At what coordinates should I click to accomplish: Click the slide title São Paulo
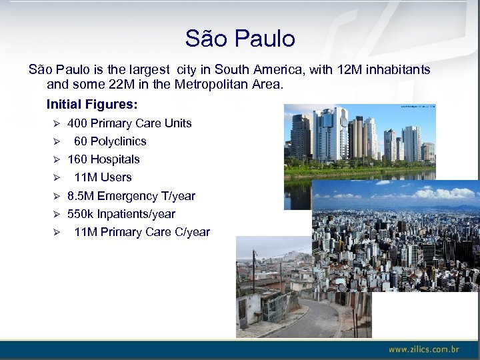pyautogui.click(x=240, y=38)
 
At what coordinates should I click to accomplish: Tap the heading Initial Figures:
pyautogui.click(x=92, y=105)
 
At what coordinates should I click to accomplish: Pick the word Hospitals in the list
pyautogui.click(x=115, y=159)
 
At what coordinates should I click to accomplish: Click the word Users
pyautogui.click(x=116, y=177)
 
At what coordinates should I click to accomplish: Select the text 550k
pyautogui.click(x=81, y=214)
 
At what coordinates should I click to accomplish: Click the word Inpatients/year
pyautogui.click(x=136, y=214)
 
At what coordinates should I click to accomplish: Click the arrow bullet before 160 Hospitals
pyautogui.click(x=57, y=159)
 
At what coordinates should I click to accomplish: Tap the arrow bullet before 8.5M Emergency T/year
pyautogui.click(x=57, y=196)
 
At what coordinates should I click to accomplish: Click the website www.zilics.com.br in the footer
pyautogui.click(x=424, y=349)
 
